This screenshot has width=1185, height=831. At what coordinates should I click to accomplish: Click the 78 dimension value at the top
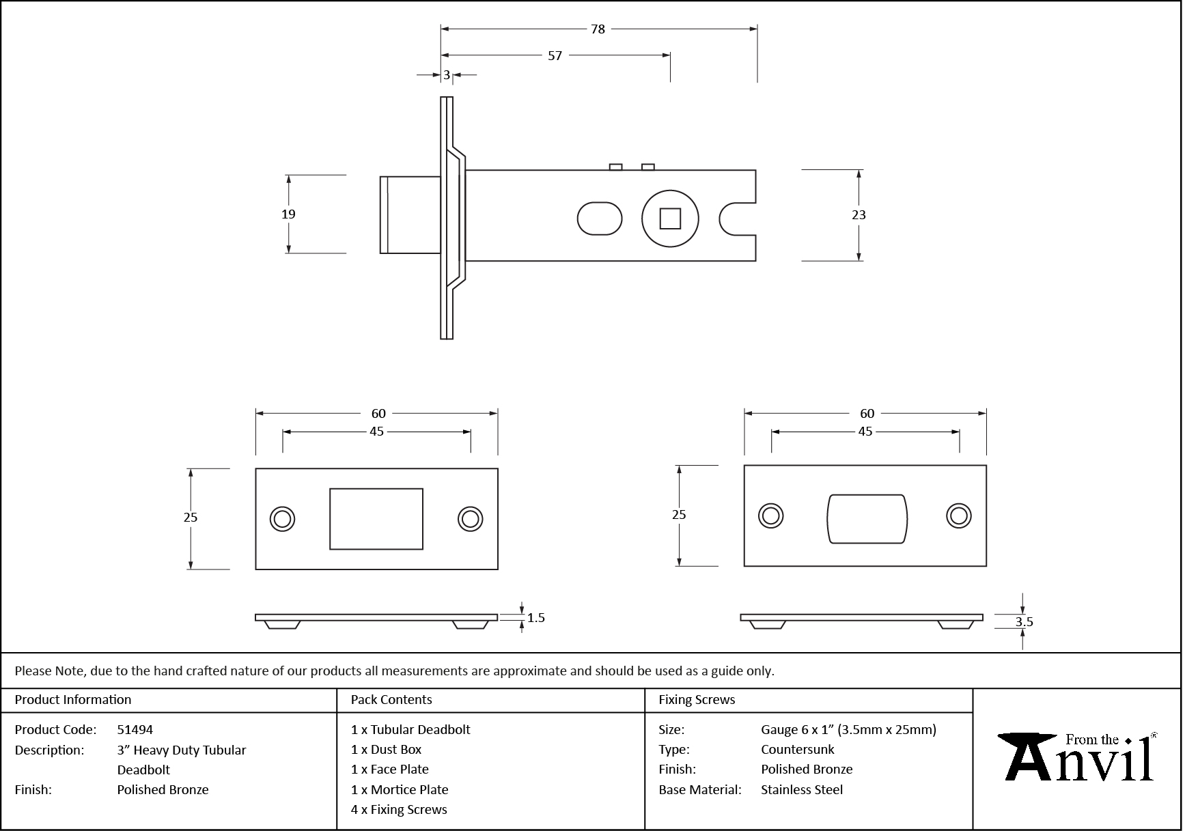[598, 29]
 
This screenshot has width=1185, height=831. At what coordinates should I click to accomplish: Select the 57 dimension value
[555, 56]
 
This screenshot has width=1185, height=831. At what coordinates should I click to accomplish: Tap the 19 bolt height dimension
[288, 214]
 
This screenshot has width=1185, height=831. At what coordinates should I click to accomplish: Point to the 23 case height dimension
[859, 215]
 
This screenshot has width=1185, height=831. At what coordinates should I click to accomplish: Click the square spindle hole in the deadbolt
[670, 219]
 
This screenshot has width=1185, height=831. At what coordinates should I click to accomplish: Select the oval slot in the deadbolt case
[600, 219]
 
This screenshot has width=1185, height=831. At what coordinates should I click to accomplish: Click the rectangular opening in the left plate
[376, 519]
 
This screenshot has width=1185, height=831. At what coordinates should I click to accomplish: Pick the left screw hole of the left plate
[282, 519]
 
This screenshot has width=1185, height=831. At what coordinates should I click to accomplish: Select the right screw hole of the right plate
[959, 516]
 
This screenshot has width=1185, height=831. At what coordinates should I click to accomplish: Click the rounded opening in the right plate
[867, 519]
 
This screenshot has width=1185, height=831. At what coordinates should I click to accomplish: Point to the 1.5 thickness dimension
[536, 618]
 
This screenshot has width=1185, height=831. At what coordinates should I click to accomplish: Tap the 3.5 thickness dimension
[1024, 622]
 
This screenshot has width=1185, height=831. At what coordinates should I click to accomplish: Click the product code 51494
[135, 729]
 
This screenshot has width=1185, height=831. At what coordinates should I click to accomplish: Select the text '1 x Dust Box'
[387, 750]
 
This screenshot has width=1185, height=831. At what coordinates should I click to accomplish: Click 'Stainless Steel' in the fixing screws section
[802, 790]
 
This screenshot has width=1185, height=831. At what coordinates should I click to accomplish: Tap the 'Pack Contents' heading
[391, 700]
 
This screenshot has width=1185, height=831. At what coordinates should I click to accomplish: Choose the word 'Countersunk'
[798, 750]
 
